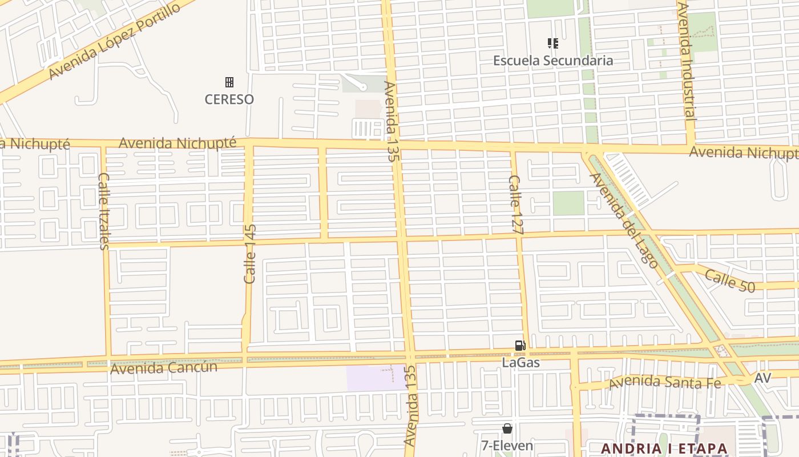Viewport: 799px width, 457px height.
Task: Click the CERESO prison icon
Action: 229,82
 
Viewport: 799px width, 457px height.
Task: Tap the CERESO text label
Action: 229,99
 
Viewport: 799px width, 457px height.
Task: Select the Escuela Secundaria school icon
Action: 552,43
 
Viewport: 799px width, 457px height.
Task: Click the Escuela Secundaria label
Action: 552,61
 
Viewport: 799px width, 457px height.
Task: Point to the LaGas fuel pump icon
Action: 520,345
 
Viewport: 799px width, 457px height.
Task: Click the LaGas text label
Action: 520,362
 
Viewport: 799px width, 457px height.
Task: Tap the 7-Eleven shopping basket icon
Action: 507,428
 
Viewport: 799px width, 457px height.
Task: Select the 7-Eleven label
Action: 507,446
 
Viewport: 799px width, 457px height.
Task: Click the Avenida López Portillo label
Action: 114,41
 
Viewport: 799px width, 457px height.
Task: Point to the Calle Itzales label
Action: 104,211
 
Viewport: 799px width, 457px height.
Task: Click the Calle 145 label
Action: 250,254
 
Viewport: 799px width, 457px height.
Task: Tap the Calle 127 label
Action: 515,206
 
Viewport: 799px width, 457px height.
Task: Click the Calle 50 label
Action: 729,281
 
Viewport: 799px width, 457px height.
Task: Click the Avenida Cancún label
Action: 163,368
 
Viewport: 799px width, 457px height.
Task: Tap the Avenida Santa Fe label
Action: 664,382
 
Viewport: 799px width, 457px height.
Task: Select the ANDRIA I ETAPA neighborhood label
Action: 665,448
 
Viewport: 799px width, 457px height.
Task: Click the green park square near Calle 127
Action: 568,203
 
